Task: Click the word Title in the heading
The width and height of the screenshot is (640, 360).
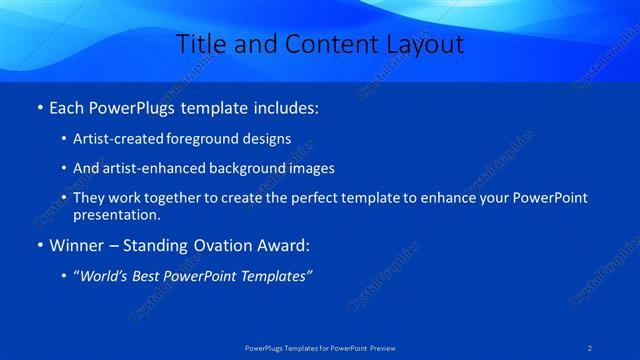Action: click(x=199, y=44)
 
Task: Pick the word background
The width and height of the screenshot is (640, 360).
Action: click(x=246, y=168)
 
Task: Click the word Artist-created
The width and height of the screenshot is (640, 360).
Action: click(x=121, y=138)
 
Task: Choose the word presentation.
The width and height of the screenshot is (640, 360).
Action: click(x=116, y=214)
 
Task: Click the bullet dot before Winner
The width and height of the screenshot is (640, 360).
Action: click(x=39, y=245)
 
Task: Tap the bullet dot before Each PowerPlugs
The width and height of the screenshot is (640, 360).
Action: click(x=39, y=106)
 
